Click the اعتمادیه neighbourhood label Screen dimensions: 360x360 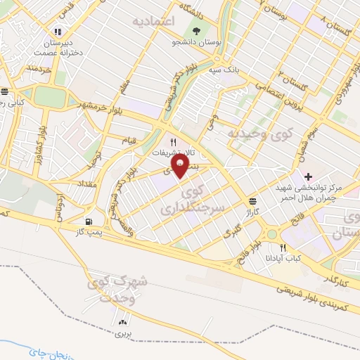(152, 22)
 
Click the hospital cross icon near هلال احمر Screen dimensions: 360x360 (309, 175)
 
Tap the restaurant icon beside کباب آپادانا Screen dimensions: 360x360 (283, 247)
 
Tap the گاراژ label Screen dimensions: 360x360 (252, 211)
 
